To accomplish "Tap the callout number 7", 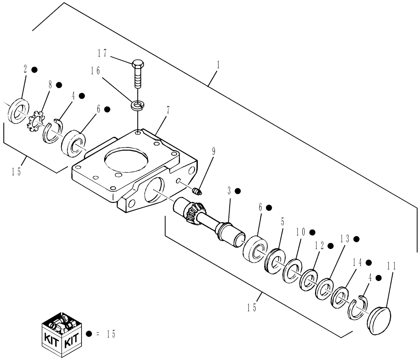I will (168, 110).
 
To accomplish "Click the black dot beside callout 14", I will (369, 262).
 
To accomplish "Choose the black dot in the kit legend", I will (89, 334).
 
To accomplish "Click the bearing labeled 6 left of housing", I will (74, 143).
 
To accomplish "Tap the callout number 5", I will (283, 220).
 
